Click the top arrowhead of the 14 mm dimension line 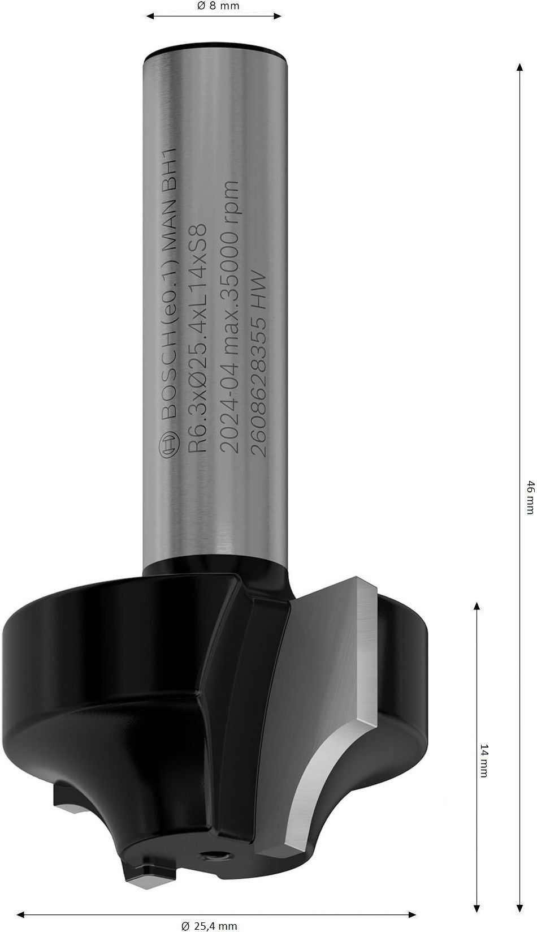(x=477, y=606)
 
